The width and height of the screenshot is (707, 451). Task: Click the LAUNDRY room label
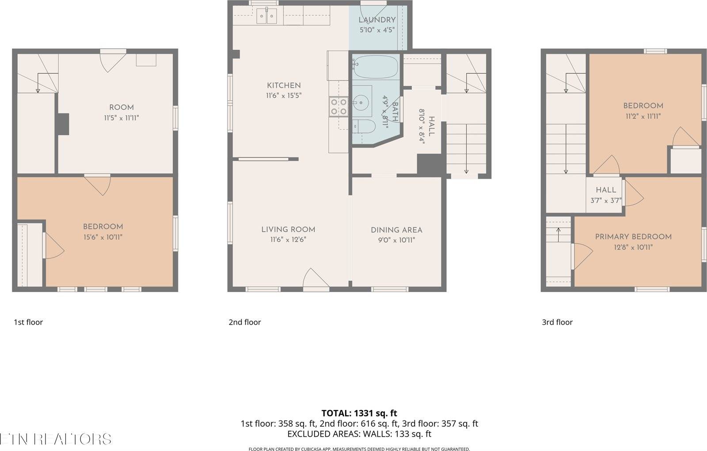pos(376,20)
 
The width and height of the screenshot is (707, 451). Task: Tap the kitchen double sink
pos(267,16)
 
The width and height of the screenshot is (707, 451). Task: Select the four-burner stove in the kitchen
pos(338,106)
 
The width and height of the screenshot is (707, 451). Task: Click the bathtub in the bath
pos(375,67)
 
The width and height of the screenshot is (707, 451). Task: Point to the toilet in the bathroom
pos(364,126)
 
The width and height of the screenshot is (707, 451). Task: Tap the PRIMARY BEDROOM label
pos(633,237)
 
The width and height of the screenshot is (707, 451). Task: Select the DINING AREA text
pos(396,230)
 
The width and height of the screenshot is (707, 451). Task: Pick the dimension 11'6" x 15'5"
pos(283,95)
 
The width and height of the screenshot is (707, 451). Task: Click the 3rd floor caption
pos(557,322)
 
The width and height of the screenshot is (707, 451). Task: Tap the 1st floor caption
pos(28,322)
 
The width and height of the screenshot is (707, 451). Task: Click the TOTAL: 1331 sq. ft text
pos(359,413)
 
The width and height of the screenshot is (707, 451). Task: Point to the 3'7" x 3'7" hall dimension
pos(606,200)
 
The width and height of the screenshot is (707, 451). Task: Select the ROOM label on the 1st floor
pos(121,107)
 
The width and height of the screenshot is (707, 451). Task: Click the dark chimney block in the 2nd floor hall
pos(430,165)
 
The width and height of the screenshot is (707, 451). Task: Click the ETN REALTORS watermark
pos(55,439)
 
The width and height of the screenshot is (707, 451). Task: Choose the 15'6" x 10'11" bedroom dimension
pos(103,237)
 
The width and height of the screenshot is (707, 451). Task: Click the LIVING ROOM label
pos(288,229)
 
